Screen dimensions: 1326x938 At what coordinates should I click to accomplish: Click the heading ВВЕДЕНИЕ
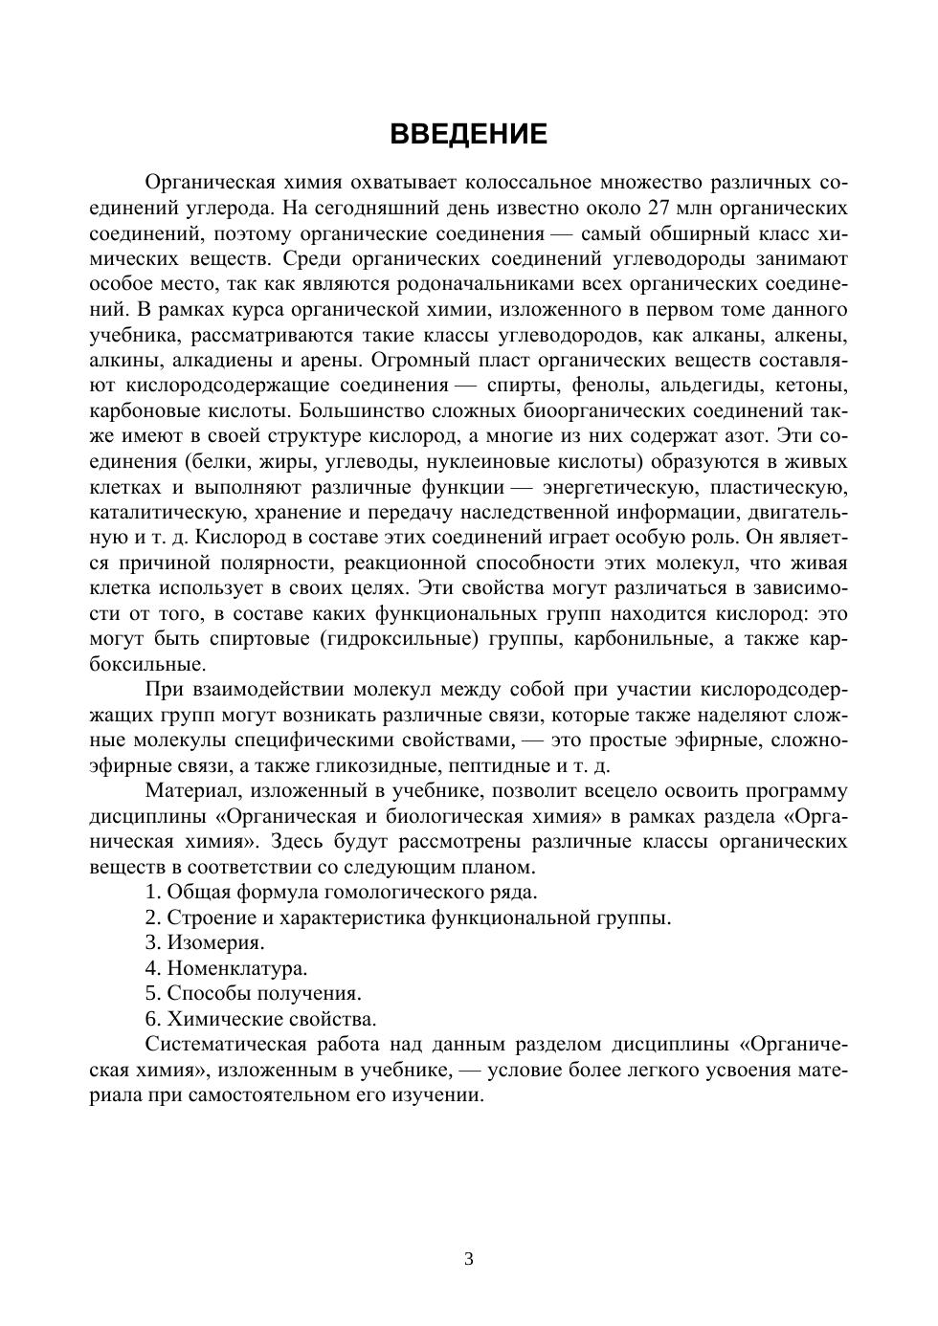(x=468, y=135)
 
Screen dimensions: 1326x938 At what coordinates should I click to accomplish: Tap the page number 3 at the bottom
(x=469, y=1259)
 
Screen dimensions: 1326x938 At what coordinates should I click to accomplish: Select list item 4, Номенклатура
(x=236, y=968)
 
